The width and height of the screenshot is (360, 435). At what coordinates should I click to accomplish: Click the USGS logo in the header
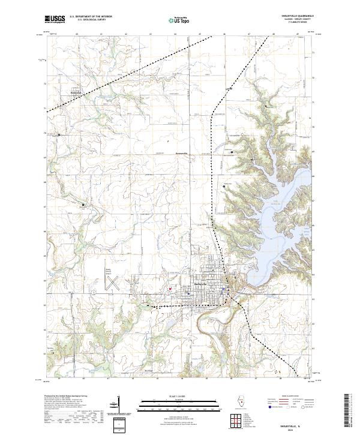click(55, 20)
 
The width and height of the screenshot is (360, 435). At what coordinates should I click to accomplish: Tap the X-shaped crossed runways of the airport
click(112, 283)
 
